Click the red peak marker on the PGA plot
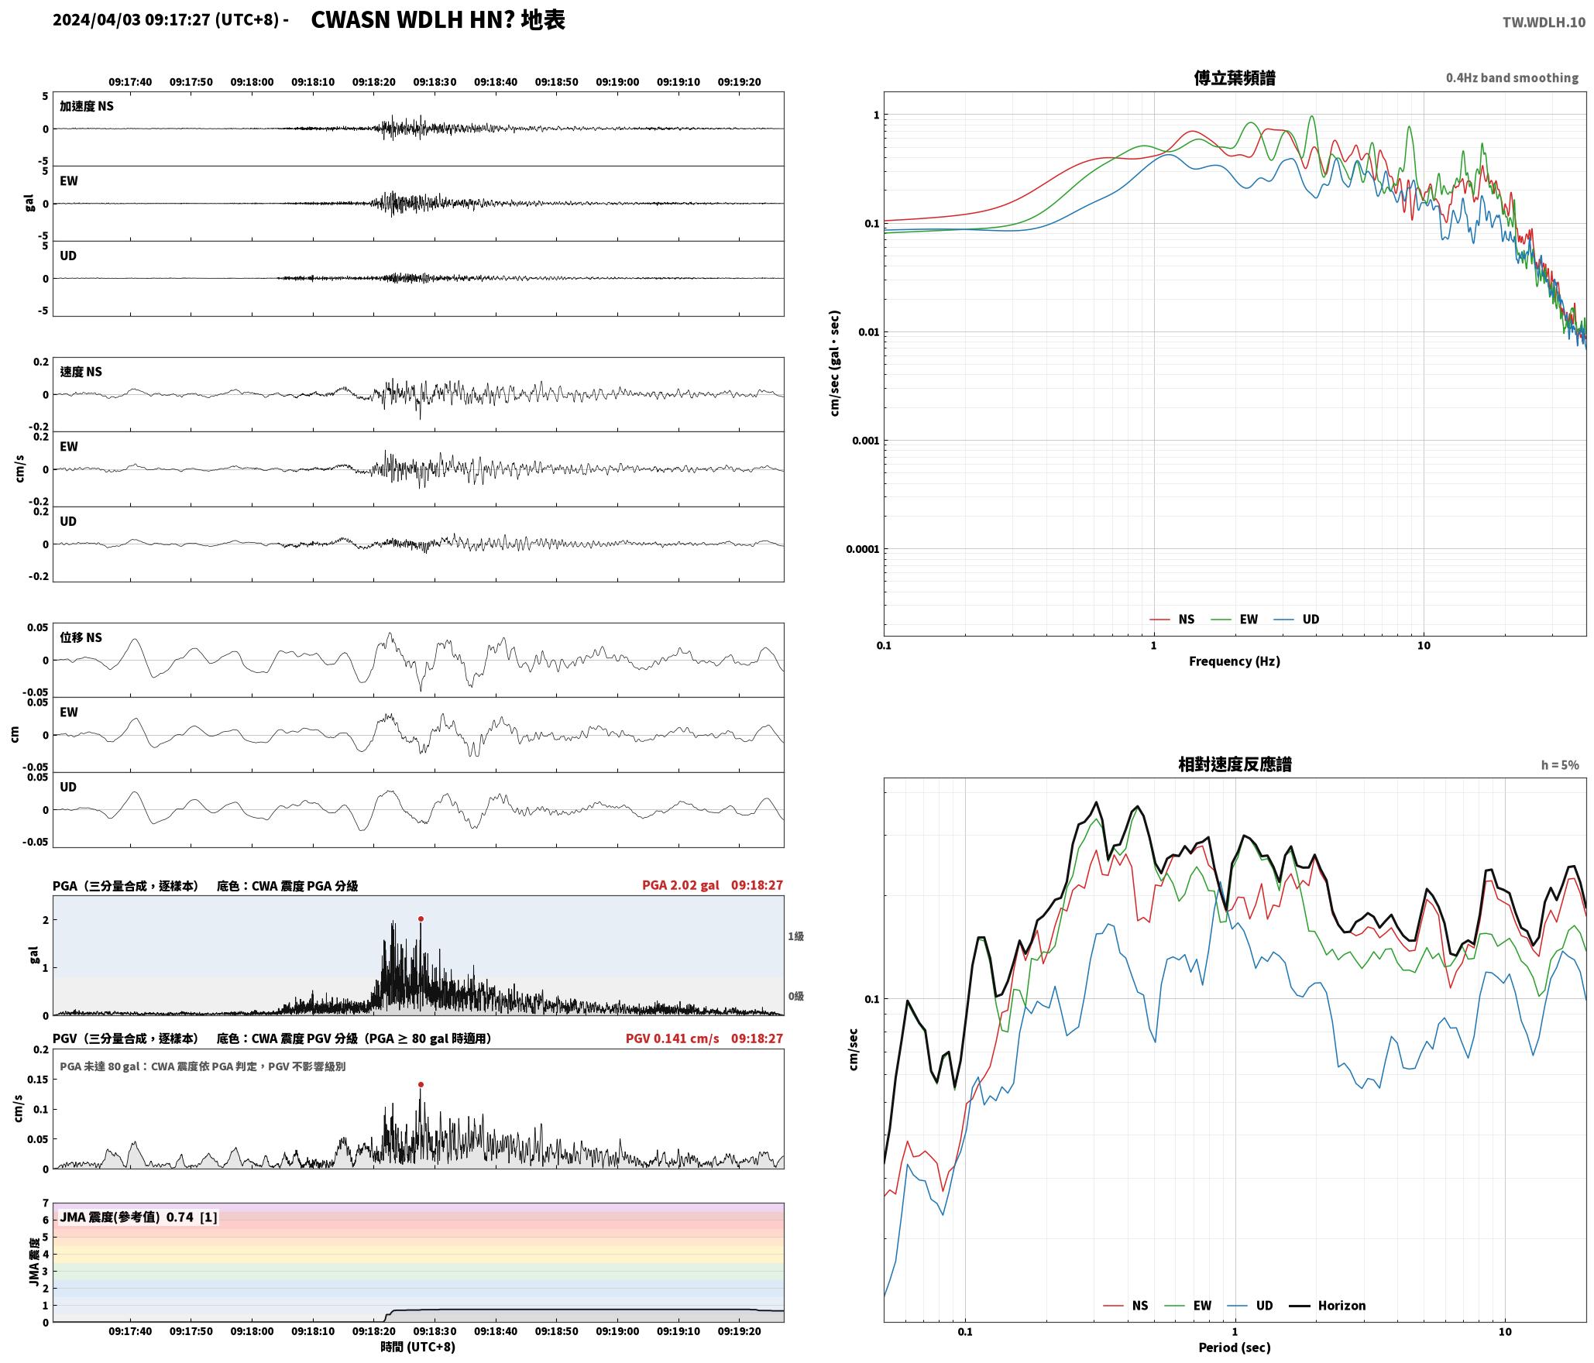[x=421, y=918]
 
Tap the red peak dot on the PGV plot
[x=421, y=1084]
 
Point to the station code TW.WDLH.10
[x=1544, y=22]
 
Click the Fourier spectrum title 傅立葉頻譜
[x=1235, y=77]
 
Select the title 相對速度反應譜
[x=1235, y=764]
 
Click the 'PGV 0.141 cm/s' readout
[x=672, y=1039]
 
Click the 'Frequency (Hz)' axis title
[x=1235, y=661]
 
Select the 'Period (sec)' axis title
[x=1235, y=1347]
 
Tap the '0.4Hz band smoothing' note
[x=1512, y=77]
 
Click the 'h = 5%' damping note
[x=1560, y=764]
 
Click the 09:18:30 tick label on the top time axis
[x=435, y=81]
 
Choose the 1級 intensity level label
[x=795, y=936]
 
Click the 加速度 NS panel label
[x=87, y=106]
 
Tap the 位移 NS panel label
[x=81, y=637]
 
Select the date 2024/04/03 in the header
[x=97, y=20]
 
